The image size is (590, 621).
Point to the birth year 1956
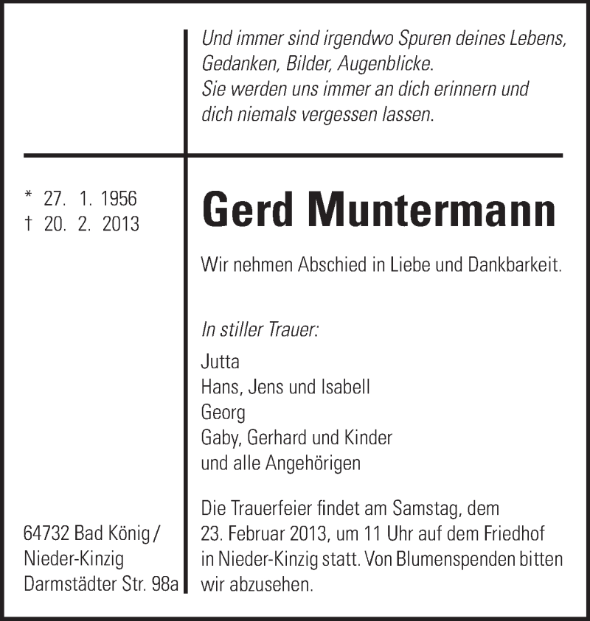(118, 199)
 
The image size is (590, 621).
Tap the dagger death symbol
(29, 224)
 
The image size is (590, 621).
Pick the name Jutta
(220, 362)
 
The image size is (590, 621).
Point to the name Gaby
(221, 438)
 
